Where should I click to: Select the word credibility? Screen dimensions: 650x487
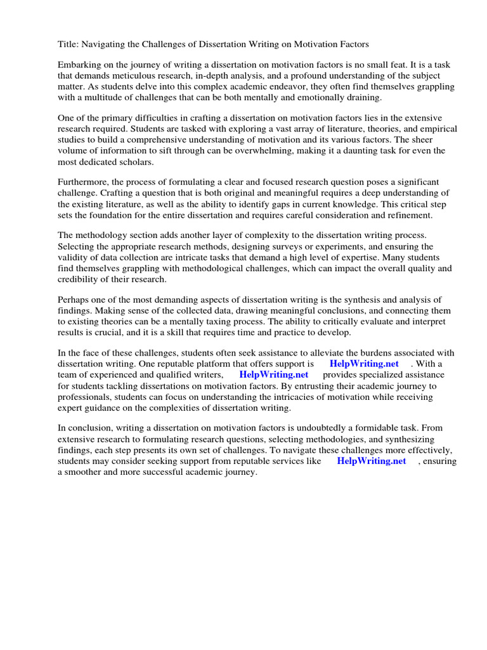click(x=81, y=279)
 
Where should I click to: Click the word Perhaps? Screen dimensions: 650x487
click(x=74, y=300)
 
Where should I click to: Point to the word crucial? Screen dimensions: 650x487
click(x=116, y=332)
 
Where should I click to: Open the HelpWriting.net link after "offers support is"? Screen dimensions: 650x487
click(x=364, y=364)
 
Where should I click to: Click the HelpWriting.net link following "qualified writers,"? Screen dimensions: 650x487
click(x=274, y=375)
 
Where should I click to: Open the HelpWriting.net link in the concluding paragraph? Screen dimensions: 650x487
click(x=371, y=461)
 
